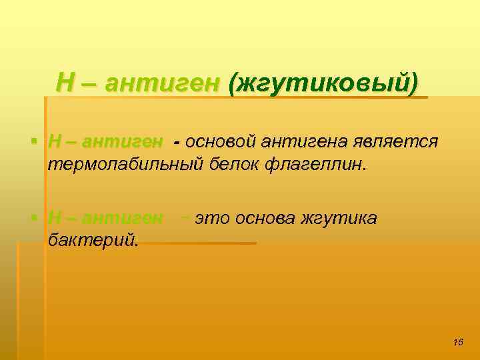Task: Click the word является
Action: click(393, 142)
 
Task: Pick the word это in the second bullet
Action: click(211, 218)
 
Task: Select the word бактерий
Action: click(93, 239)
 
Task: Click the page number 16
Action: click(457, 342)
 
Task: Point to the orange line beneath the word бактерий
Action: click(200, 243)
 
